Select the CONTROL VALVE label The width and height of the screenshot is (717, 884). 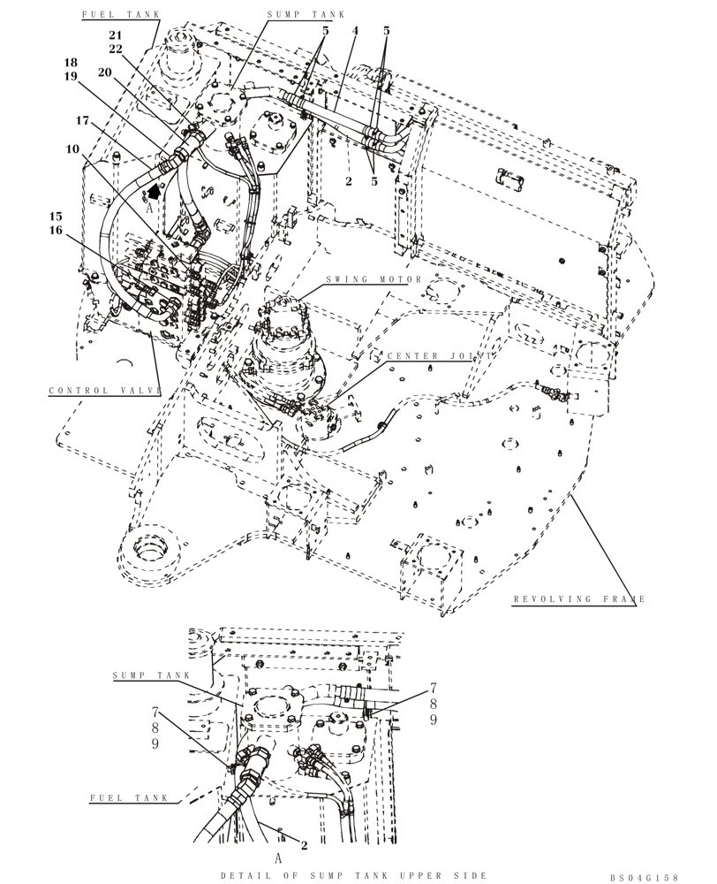click(104, 391)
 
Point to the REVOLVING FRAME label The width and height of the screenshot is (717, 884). click(579, 599)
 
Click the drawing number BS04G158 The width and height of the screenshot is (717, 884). click(644, 878)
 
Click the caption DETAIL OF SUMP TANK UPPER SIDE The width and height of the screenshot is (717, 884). click(355, 874)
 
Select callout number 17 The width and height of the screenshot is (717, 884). click(82, 120)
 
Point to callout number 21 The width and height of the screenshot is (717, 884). click(116, 34)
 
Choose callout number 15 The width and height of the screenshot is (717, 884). click(56, 216)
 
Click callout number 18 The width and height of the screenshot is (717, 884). click(71, 63)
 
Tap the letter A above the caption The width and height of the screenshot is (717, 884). click(278, 858)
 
